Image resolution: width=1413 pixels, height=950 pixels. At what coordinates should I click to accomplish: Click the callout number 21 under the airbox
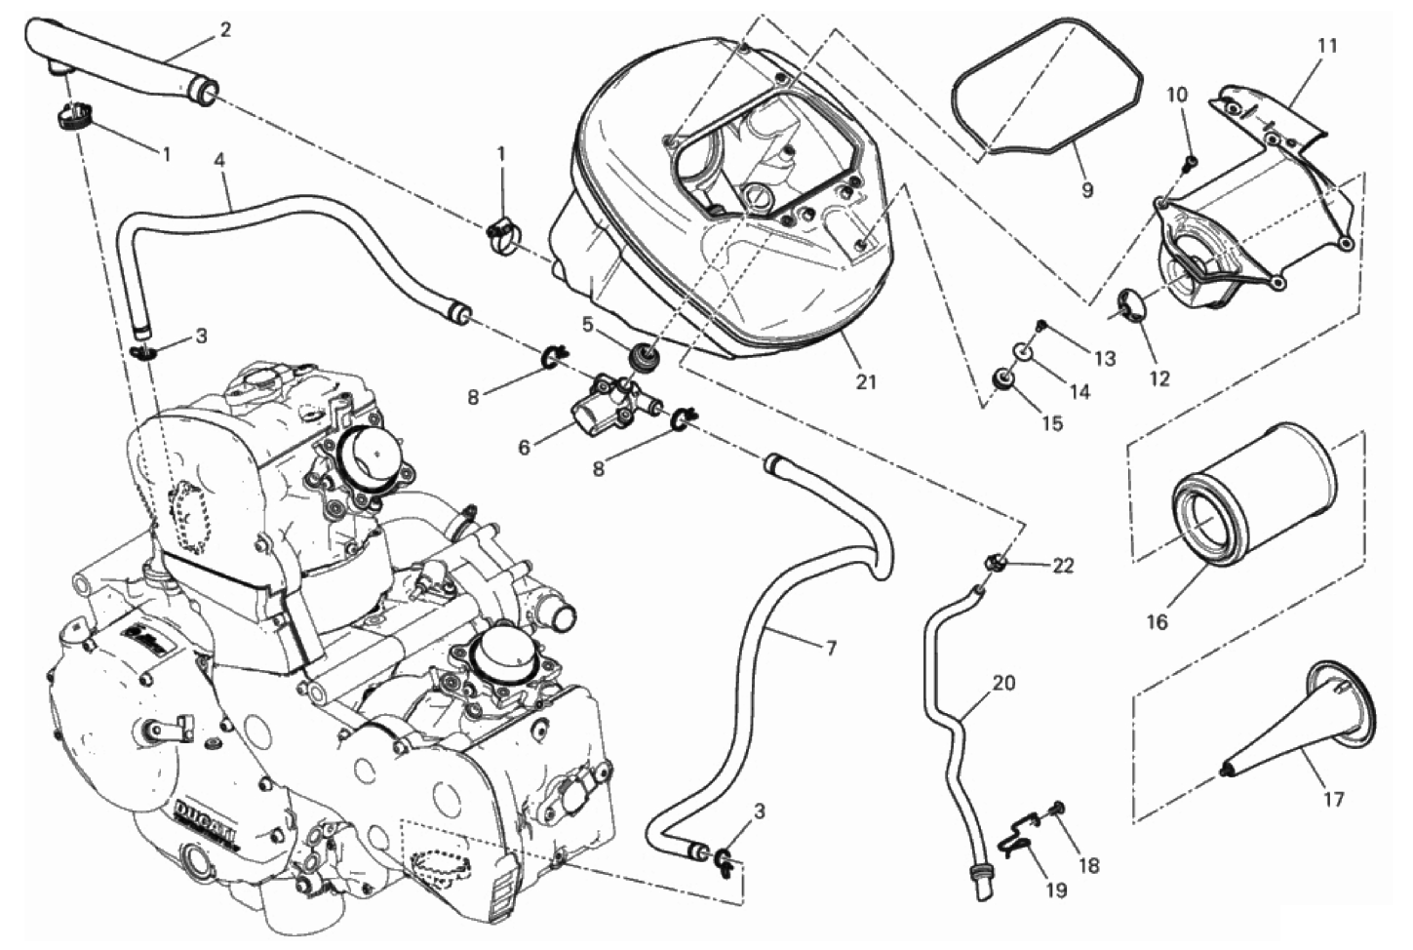(866, 381)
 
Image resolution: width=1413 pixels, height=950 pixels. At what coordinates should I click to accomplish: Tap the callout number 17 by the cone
(1333, 799)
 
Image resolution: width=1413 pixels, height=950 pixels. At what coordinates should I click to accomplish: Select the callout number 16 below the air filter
(1157, 620)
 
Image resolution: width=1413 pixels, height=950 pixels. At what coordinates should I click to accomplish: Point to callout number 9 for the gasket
(1087, 189)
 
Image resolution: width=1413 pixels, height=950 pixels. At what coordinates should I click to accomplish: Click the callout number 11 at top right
(1327, 45)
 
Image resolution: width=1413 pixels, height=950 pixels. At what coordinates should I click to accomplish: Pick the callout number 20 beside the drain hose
(1003, 683)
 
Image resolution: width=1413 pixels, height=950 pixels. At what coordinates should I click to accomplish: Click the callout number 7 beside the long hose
(831, 648)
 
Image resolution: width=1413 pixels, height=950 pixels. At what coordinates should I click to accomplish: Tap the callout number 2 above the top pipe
(225, 29)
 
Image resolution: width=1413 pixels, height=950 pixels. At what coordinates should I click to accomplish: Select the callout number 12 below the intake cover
(1158, 378)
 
